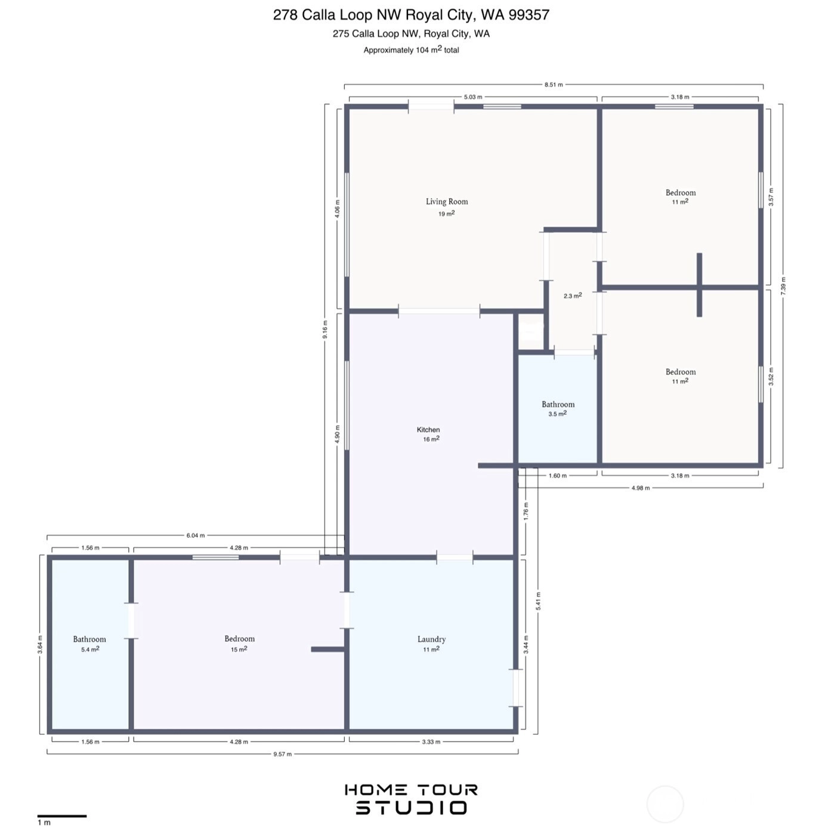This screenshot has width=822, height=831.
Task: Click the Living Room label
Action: coord(447,201)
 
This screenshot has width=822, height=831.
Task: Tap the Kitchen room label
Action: coord(428,429)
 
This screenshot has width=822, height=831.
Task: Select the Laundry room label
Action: coord(431,639)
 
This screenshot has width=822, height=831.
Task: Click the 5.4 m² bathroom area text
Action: coord(90,648)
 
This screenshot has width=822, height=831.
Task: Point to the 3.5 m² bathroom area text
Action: coord(557,414)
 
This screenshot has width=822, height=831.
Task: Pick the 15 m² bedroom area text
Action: coord(239,649)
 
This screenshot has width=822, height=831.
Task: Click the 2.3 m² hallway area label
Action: coord(573,296)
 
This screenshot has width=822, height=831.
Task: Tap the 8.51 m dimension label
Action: coord(554,85)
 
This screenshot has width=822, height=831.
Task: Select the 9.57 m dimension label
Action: coord(282,754)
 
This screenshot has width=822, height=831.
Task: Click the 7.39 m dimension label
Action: coord(783,286)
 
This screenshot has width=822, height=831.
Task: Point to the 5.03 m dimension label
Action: coord(473,97)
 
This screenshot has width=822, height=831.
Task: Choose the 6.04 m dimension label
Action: coord(195,535)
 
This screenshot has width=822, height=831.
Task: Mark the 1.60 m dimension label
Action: coord(557,476)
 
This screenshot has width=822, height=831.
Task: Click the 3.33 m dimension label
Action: coord(431,741)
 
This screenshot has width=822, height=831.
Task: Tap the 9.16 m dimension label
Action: coord(325,329)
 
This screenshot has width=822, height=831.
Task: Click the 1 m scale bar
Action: coord(61,816)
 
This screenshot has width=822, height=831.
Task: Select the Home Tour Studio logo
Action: coord(411,799)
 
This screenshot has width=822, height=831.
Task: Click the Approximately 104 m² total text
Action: coord(411,50)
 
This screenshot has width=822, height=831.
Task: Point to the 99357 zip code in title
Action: coord(529,15)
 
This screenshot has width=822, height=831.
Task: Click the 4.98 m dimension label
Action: coord(640,488)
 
